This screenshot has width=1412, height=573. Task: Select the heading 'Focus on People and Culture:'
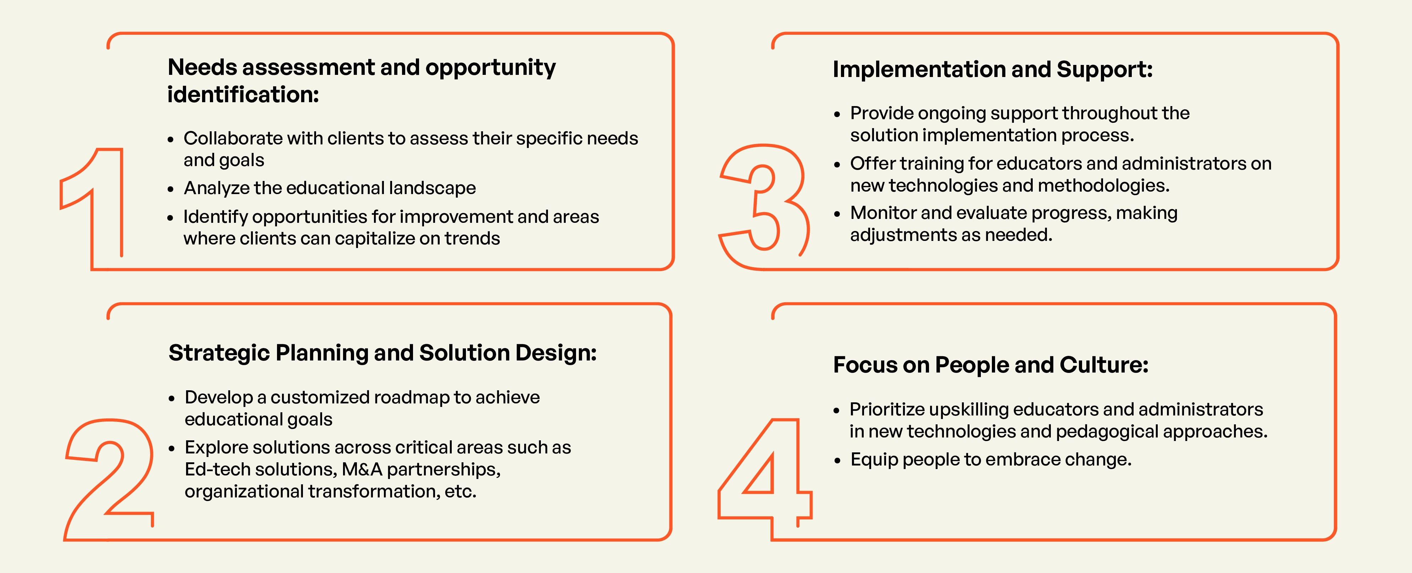coord(990,365)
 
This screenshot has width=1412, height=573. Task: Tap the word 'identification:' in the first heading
coord(243,95)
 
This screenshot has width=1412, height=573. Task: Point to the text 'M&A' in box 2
coord(362,469)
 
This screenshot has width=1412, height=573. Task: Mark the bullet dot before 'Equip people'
coord(837,461)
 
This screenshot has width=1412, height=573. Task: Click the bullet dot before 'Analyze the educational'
coord(170,189)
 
